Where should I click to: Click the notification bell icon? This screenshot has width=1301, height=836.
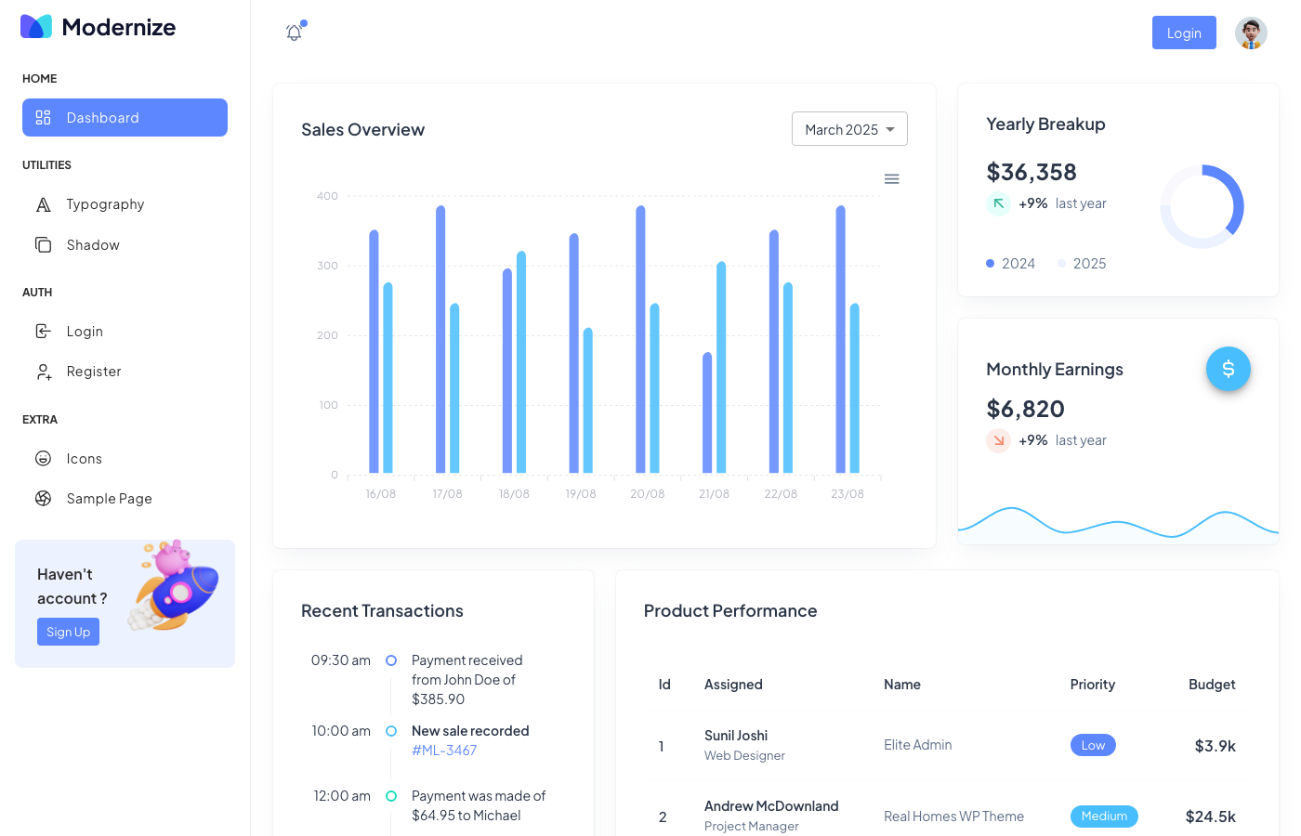click(294, 33)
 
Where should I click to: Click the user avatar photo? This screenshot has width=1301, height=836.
click(1251, 33)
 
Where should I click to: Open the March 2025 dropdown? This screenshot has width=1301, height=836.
click(849, 129)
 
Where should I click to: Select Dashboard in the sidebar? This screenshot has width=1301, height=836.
click(125, 118)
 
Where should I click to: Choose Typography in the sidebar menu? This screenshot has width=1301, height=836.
click(105, 204)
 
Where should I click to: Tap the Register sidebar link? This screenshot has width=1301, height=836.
click(94, 372)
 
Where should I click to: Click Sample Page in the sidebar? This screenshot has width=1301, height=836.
click(109, 499)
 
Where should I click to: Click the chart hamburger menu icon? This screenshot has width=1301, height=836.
click(891, 179)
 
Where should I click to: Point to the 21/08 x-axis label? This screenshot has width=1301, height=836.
click(714, 494)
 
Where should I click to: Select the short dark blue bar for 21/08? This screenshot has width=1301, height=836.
click(707, 413)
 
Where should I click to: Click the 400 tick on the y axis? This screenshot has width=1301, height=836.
click(327, 196)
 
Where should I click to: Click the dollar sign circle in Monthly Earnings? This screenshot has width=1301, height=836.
click(1228, 369)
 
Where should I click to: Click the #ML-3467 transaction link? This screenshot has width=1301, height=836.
click(444, 751)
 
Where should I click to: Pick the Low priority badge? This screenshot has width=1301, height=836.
click(1093, 745)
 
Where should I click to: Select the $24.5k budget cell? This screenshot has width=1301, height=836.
click(1210, 816)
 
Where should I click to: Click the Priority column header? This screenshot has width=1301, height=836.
click(1092, 685)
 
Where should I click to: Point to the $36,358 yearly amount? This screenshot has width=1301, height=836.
click(1032, 172)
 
